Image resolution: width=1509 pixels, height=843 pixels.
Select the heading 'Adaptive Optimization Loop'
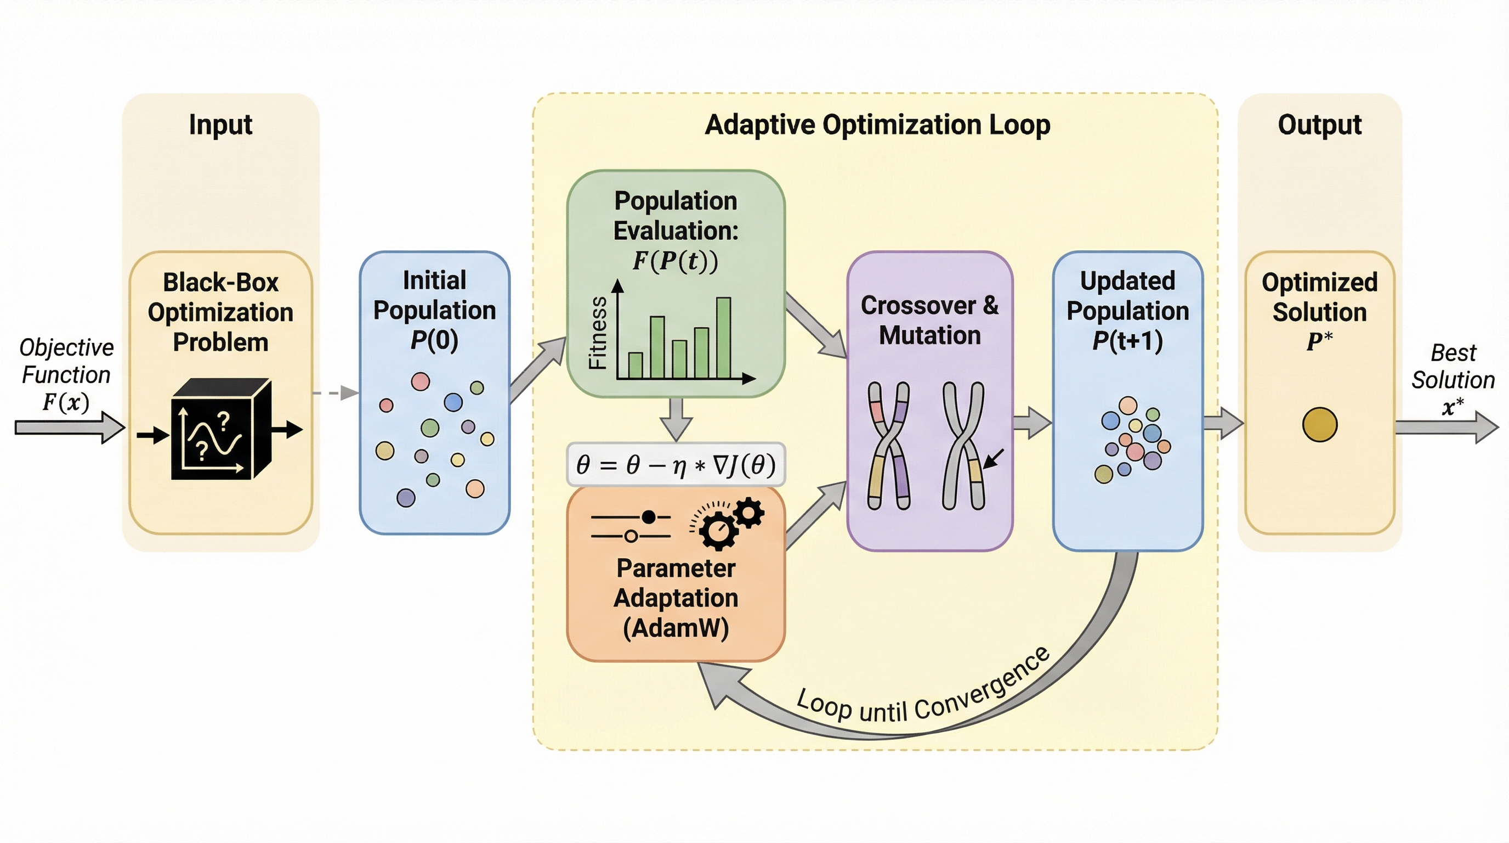coord(877,125)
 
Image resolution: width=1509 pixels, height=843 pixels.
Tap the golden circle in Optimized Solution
coord(1319,424)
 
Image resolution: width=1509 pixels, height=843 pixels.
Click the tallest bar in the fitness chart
coord(723,338)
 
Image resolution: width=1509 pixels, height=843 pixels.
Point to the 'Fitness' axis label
coord(598,333)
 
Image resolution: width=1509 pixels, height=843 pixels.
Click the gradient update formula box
coord(676,465)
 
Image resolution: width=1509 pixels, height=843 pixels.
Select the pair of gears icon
coord(729,522)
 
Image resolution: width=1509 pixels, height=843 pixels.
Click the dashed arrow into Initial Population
coord(336,393)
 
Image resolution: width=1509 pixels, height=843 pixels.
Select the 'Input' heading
coord(220,125)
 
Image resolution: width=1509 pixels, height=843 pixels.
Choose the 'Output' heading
coord(1319,125)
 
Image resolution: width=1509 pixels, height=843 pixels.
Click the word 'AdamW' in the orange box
coord(676,628)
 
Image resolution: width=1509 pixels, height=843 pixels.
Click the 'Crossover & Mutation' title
coord(929,320)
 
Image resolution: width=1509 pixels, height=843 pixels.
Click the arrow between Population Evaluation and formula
coord(676,419)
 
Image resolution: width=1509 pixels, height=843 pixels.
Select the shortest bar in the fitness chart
coord(635,365)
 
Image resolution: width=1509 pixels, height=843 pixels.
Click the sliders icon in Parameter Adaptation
coord(631,526)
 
